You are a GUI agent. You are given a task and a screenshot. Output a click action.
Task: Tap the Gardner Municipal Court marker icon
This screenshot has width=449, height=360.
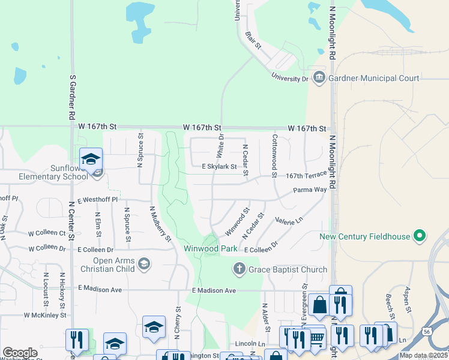point(319,78)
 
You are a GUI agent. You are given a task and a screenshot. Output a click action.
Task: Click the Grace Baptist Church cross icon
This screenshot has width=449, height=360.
point(239,269)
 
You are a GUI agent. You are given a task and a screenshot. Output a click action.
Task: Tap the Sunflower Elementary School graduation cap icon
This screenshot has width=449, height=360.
point(91,159)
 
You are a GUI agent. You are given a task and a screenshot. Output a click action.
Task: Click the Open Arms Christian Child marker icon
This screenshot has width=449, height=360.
point(143,263)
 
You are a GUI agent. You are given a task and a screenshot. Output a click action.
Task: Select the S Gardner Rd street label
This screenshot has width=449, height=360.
point(72,95)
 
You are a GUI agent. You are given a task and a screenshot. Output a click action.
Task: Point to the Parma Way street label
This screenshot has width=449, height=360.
point(310,190)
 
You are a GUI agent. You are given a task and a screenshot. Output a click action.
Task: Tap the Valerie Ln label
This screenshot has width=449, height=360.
point(289,221)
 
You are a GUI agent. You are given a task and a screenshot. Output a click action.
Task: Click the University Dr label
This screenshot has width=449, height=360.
point(289,78)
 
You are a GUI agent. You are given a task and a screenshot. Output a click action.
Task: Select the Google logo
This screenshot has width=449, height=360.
point(20,353)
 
